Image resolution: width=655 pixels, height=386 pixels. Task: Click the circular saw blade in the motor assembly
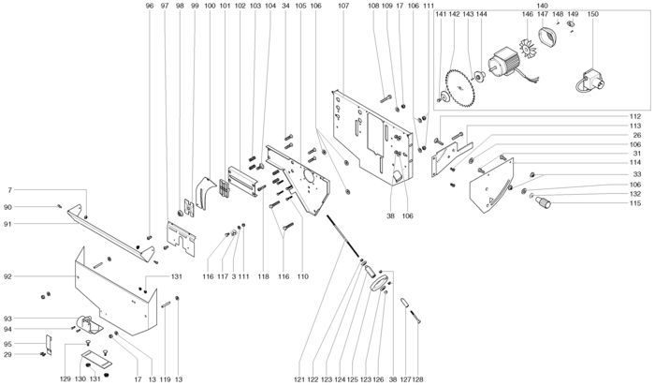(459, 88)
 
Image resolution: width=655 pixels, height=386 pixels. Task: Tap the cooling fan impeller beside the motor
(528, 47)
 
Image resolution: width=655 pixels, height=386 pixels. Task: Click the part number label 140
(542, 6)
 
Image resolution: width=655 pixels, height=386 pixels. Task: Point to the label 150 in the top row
(592, 14)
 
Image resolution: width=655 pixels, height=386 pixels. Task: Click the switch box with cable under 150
(591, 81)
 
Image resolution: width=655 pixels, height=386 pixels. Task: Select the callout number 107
(343, 6)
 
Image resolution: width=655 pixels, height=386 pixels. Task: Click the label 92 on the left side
(7, 276)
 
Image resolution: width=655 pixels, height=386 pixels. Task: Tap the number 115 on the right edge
(635, 203)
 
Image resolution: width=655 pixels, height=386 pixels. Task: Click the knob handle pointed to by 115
(544, 202)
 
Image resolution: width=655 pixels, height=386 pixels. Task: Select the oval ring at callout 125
(379, 284)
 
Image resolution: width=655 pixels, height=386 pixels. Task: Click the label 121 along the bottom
(299, 379)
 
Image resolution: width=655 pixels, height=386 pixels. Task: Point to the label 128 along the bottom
(417, 379)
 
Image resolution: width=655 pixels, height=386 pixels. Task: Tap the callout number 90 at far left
(7, 207)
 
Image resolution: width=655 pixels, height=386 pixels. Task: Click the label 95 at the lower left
(7, 344)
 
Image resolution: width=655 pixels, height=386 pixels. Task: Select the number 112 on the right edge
(635, 116)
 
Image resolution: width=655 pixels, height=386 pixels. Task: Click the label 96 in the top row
(150, 6)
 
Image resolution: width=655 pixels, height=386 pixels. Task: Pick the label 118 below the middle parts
(263, 276)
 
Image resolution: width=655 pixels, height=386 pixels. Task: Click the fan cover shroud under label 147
(546, 36)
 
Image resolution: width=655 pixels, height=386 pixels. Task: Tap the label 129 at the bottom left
(65, 379)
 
